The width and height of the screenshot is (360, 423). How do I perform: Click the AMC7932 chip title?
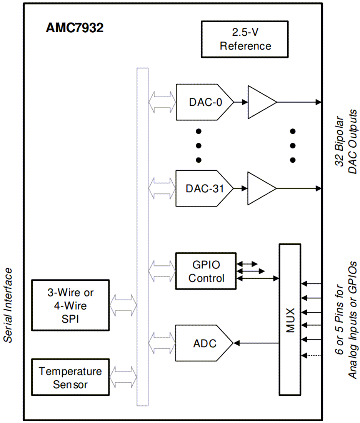click(75, 28)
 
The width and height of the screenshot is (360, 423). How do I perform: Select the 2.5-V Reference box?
click(245, 39)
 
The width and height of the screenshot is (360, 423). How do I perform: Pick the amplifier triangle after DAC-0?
click(260, 102)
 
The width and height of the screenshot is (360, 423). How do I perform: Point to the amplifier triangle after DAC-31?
click(260, 188)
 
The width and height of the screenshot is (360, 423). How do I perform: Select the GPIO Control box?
click(206, 271)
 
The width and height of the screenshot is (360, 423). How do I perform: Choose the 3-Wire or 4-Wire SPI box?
click(70, 305)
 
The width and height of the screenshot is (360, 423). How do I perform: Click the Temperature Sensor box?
click(70, 378)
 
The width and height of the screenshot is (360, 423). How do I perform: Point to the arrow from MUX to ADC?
click(256, 343)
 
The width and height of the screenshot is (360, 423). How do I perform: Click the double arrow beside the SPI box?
click(123, 305)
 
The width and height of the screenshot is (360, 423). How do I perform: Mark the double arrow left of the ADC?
click(162, 343)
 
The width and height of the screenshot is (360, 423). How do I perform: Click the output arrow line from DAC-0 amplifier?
click(298, 102)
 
